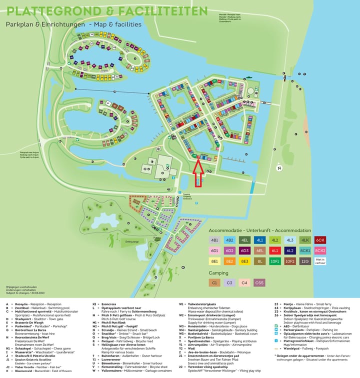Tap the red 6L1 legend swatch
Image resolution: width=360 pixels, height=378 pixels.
274,250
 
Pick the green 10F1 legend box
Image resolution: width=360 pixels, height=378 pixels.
274,260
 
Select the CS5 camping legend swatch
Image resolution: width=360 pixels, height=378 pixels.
259,282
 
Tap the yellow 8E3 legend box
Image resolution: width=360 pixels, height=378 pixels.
244,260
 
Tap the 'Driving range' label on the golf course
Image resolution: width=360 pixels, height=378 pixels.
131,241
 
